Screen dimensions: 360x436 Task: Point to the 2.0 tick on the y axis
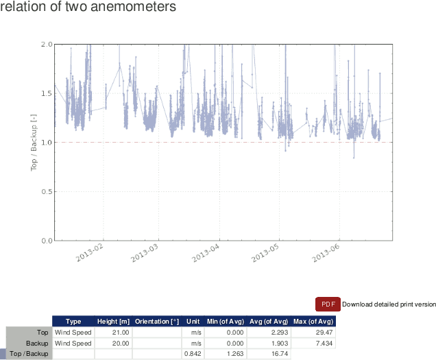point(47,44)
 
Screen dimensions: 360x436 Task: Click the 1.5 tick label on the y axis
point(47,93)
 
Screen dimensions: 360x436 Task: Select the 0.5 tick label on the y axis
point(47,191)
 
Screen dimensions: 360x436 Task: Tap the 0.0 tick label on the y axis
point(47,241)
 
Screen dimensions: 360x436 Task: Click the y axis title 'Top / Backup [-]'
point(33,142)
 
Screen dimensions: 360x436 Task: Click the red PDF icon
point(328,304)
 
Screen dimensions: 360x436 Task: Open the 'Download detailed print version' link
point(389,304)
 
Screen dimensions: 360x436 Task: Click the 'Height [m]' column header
point(114,322)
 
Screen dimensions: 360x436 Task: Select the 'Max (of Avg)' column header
point(313,322)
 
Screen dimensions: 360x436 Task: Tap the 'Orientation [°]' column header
point(157,322)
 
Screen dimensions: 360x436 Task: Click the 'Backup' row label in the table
point(37,343)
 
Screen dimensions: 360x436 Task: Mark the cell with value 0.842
point(192,354)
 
